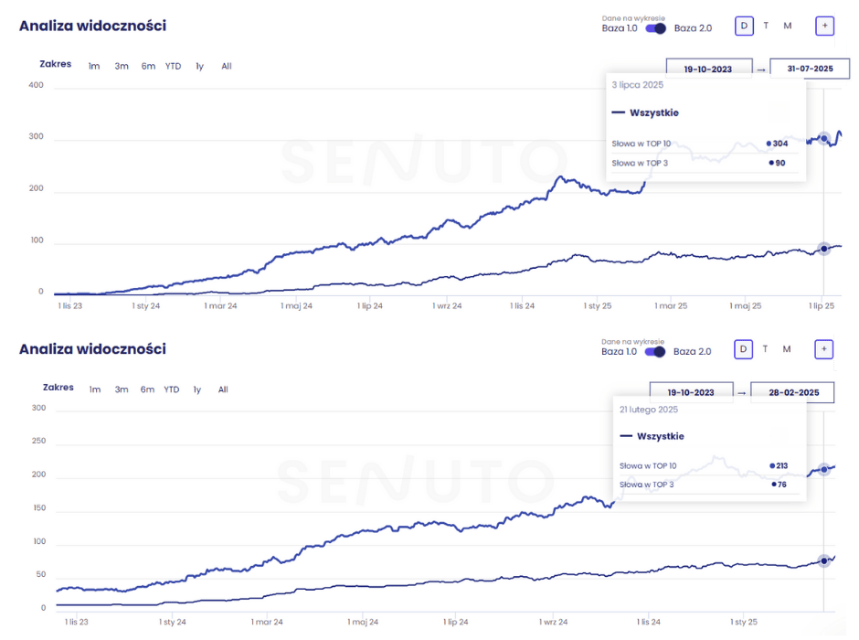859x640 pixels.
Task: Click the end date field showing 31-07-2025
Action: [811, 68]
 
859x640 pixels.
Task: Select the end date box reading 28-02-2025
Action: [791, 392]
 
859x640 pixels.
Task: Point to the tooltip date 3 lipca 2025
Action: [638, 85]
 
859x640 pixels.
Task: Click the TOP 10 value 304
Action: [779, 144]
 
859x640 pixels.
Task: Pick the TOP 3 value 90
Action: [779, 164]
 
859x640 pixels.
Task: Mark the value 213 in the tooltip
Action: [781, 465]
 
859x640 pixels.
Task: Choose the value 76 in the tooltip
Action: [781, 485]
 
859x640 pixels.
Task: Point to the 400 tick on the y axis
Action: [36, 86]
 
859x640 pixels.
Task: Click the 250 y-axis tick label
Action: [37, 442]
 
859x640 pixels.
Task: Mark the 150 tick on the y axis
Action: [37, 508]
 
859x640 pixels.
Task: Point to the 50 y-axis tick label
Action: [40, 574]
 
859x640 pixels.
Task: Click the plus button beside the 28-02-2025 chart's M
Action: [823, 348]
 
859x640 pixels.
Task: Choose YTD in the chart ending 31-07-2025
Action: [173, 66]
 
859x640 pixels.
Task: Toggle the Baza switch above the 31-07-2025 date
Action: [655, 28]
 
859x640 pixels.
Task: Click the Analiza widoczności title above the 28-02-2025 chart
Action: [92, 349]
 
